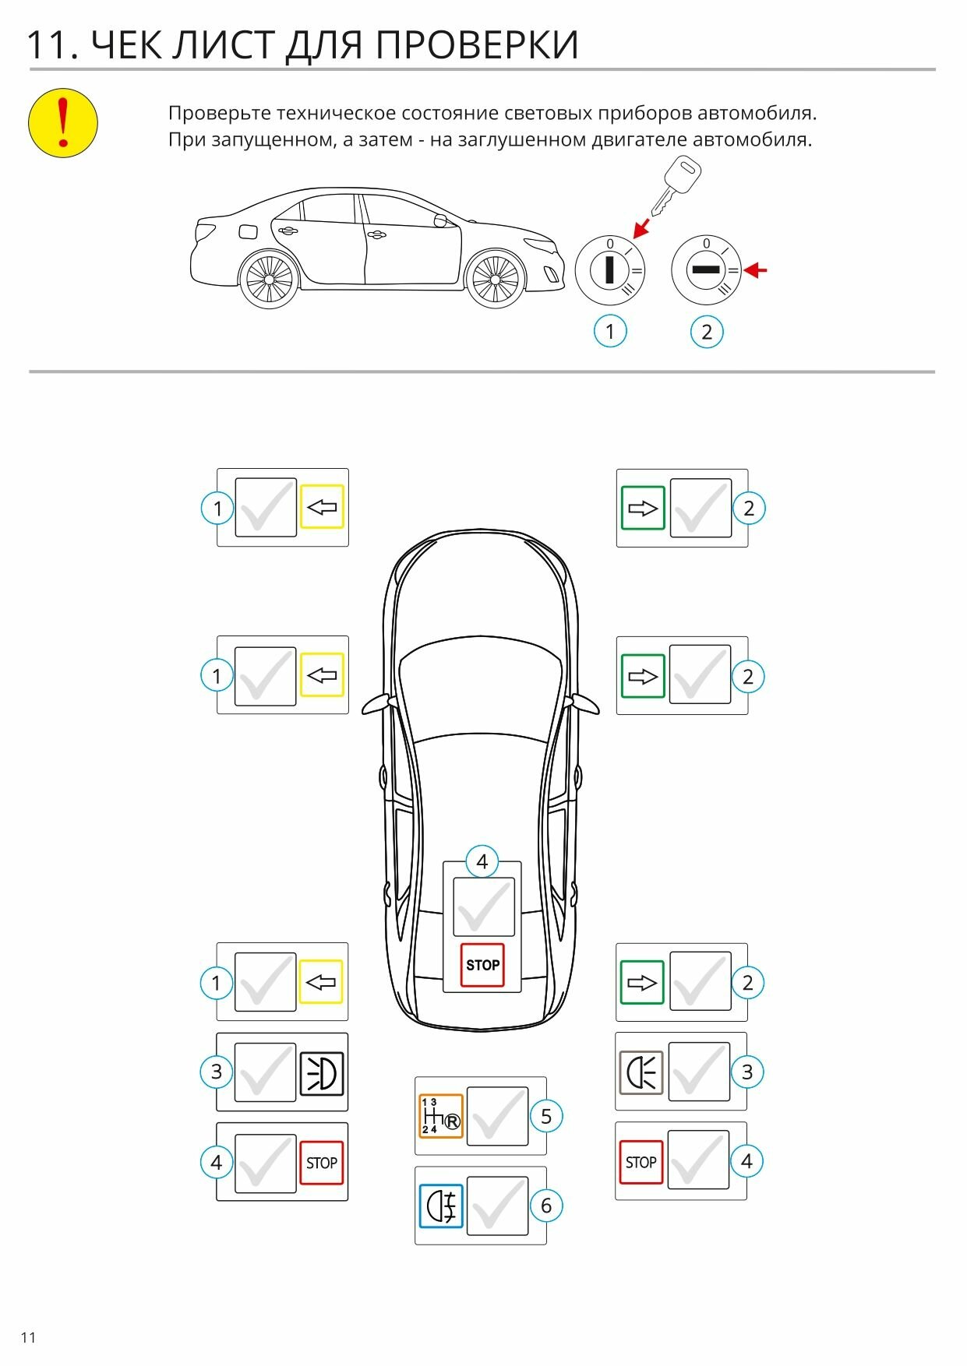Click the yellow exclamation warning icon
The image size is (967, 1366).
(63, 122)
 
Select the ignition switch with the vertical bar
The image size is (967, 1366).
(610, 270)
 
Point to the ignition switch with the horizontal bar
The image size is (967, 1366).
(706, 270)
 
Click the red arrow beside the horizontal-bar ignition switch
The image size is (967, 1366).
(755, 270)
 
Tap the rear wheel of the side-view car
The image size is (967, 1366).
(268, 278)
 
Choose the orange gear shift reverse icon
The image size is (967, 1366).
(441, 1116)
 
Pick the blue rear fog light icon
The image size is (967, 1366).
(441, 1206)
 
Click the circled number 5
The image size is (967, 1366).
(545, 1116)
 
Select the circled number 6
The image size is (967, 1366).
(545, 1206)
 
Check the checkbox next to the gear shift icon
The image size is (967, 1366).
(497, 1116)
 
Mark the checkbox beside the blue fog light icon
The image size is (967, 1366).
(497, 1206)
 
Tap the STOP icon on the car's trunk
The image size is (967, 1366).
(482, 965)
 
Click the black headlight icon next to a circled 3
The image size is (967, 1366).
(322, 1072)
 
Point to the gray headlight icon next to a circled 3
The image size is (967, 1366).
(641, 1072)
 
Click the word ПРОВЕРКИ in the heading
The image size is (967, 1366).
(478, 44)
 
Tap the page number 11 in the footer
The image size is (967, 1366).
(29, 1337)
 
